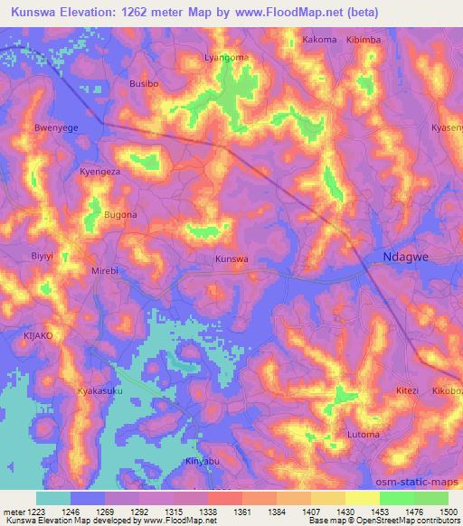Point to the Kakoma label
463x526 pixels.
319,40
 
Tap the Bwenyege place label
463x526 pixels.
56,128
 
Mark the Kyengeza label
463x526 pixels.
99,171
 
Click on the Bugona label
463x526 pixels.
120,215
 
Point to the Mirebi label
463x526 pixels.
106,271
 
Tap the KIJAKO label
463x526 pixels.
38,335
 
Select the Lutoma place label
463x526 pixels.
364,435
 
